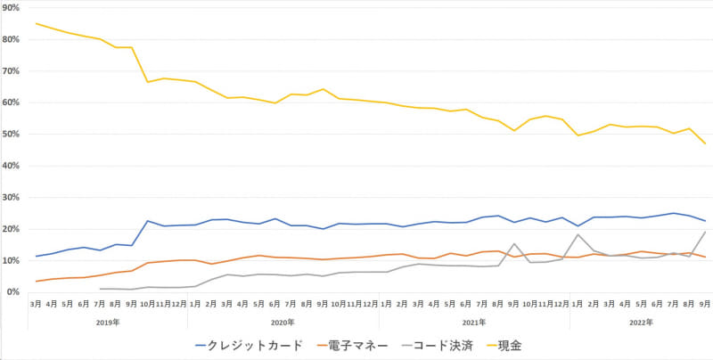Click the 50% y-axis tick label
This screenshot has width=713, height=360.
[x=12, y=135]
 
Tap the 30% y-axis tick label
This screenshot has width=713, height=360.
[x=12, y=198]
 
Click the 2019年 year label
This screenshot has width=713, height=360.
[x=107, y=323]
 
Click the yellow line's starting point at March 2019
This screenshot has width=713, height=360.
[x=36, y=23]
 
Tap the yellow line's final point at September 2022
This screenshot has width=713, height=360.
[x=706, y=143]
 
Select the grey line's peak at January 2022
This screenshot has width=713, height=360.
[x=578, y=234]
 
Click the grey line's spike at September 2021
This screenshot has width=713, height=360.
[x=514, y=244]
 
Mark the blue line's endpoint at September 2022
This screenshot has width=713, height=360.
[x=706, y=221]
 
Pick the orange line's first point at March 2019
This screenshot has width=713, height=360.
[x=36, y=282]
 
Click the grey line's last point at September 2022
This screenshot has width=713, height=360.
[x=706, y=232]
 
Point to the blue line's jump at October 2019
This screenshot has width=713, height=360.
[x=148, y=221]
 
